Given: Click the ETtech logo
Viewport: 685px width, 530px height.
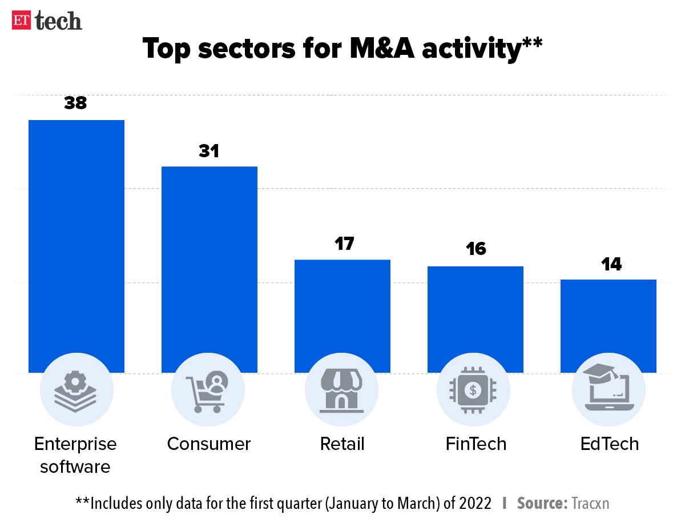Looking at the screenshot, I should (x=47, y=21).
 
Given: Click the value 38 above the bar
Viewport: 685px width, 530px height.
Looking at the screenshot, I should (x=75, y=103).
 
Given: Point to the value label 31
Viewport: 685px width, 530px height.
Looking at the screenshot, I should (x=209, y=151).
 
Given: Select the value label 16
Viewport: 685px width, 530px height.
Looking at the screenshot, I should (x=475, y=249).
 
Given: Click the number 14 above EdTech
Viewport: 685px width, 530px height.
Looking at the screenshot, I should (x=609, y=264).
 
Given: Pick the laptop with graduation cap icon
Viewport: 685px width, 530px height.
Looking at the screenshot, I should (x=608, y=388).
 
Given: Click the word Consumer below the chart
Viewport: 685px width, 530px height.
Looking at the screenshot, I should (x=209, y=444).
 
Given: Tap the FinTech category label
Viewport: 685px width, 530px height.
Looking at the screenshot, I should (x=476, y=444).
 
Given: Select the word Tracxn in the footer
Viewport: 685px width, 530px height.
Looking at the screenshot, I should (x=590, y=503).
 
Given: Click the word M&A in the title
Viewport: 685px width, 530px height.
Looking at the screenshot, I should (x=379, y=49).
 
